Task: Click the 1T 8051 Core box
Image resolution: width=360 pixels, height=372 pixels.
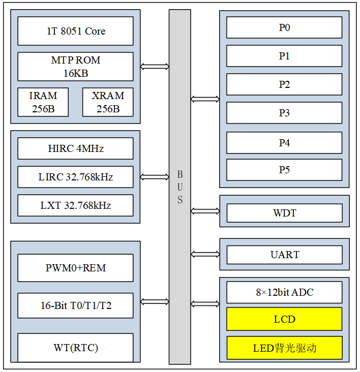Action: pos(75,31)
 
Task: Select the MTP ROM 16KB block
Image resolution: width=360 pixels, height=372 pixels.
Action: pos(75,67)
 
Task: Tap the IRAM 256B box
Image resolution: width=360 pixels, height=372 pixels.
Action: pos(43,102)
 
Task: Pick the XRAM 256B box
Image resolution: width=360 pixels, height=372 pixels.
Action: pos(108,102)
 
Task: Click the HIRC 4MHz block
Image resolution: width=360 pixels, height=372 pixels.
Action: pos(75,149)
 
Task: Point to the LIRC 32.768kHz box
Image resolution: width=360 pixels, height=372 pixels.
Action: pos(75,177)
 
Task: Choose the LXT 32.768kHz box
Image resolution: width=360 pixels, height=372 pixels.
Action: pos(75,206)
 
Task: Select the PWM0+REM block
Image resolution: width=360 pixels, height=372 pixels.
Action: pos(75,268)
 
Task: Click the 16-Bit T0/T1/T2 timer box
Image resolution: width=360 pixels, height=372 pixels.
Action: pos(75,306)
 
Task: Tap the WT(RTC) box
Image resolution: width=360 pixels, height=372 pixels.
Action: pos(75,348)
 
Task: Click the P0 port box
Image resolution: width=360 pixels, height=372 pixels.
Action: pos(284,28)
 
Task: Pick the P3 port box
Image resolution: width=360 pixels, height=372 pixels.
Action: pos(284,113)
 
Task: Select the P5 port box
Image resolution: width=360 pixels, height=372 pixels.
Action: pos(284,170)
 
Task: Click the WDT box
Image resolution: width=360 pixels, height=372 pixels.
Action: pos(284,213)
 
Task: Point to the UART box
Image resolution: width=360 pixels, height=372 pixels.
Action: pos(284,255)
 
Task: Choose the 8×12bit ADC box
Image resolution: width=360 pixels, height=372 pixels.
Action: pos(284,293)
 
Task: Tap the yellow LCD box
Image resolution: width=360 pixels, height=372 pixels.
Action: pos(284,320)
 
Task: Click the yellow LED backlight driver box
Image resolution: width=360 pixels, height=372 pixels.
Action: pos(284,348)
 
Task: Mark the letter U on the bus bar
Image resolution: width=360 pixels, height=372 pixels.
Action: pos(180,187)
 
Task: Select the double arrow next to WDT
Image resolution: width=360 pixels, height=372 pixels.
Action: pos(205,210)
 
